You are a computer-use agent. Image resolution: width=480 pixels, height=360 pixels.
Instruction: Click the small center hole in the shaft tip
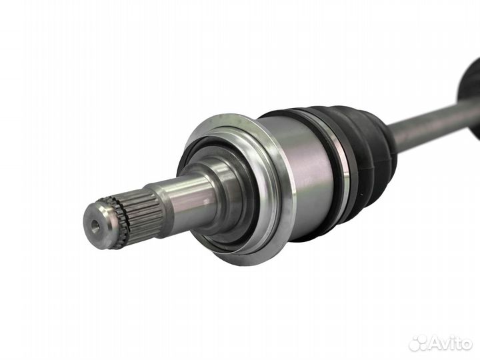point(96,225)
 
